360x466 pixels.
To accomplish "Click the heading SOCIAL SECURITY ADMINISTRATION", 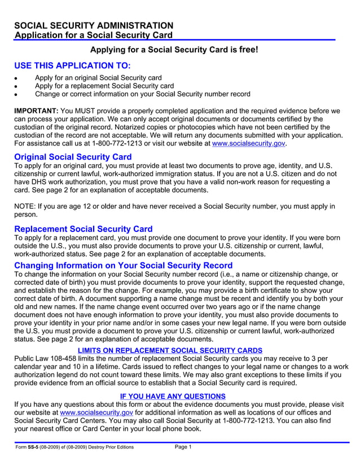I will click(94, 26).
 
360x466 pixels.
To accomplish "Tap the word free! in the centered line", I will click(248, 50).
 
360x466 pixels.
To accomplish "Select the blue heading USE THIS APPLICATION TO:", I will click(72, 65).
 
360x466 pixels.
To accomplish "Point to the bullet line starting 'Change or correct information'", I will click(142, 94).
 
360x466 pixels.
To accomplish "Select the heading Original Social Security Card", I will click(73, 157).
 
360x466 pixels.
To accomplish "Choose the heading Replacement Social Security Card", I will click(83, 229).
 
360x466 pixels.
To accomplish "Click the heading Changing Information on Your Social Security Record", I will click(123, 266).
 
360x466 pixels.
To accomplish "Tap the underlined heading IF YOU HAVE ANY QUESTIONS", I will click(173, 396).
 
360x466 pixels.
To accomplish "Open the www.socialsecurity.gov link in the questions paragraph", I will click(96, 412).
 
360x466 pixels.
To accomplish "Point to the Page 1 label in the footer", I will click(183, 447).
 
